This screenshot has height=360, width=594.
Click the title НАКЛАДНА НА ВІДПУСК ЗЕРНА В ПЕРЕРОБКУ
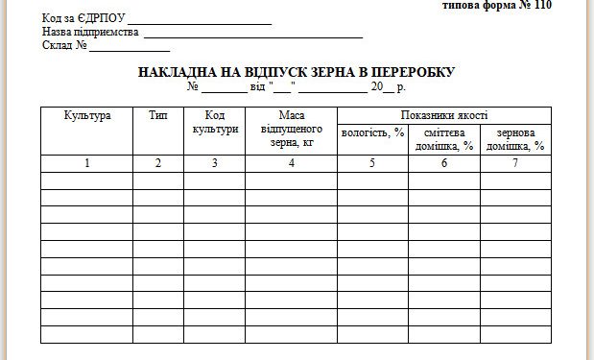point(296,72)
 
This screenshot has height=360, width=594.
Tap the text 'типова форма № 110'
point(497,5)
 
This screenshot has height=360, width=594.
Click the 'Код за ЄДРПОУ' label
point(83,18)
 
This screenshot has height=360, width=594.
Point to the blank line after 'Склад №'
point(131,46)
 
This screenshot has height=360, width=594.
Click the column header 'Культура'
point(87,116)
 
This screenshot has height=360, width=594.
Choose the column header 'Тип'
point(158,116)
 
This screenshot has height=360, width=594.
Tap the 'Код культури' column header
point(214,123)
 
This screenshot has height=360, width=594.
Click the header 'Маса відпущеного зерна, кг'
point(291,130)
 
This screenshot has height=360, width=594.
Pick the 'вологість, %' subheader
point(372,132)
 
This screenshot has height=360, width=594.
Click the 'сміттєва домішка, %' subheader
point(444,139)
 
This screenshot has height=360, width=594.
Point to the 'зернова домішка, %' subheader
point(516,139)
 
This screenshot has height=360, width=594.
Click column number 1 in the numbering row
point(87,163)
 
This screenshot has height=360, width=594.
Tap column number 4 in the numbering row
point(291,163)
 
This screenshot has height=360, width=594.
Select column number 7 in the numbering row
point(516,163)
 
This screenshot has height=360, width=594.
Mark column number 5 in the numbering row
point(372,163)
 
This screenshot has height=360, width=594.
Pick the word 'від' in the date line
point(258,87)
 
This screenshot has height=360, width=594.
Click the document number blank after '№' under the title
point(224,88)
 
